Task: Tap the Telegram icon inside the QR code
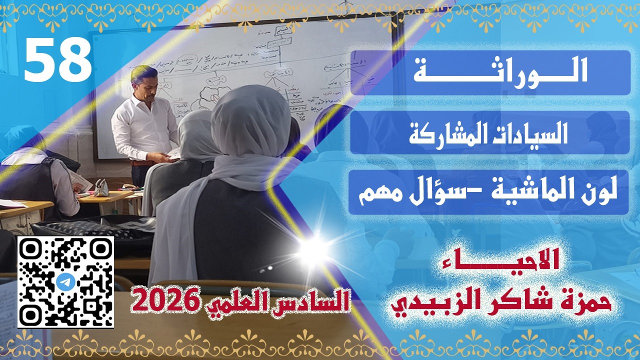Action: point(65,282)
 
